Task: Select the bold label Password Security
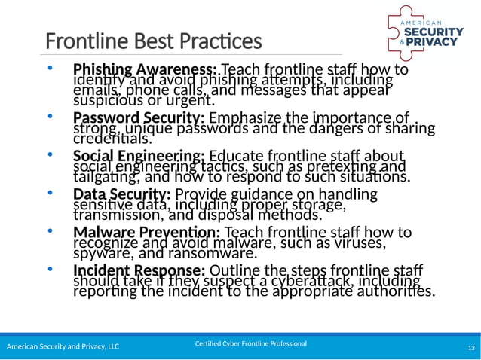[139, 118]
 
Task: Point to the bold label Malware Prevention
[146, 232]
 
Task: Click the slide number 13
[471, 346]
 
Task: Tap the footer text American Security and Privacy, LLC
[63, 346]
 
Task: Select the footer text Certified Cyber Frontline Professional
[250, 343]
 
